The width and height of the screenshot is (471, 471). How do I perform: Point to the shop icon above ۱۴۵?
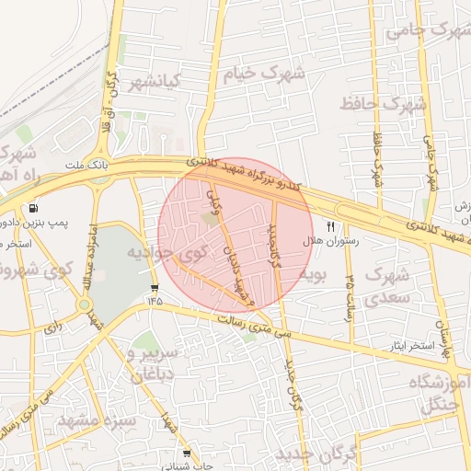(x=154, y=288)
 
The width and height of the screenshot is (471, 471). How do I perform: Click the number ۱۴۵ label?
(x=153, y=300)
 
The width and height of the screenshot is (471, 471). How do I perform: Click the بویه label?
(x=316, y=274)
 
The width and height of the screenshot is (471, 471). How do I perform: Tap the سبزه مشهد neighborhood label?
(x=96, y=420)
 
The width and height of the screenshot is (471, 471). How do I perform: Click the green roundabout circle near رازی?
(x=84, y=304)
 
